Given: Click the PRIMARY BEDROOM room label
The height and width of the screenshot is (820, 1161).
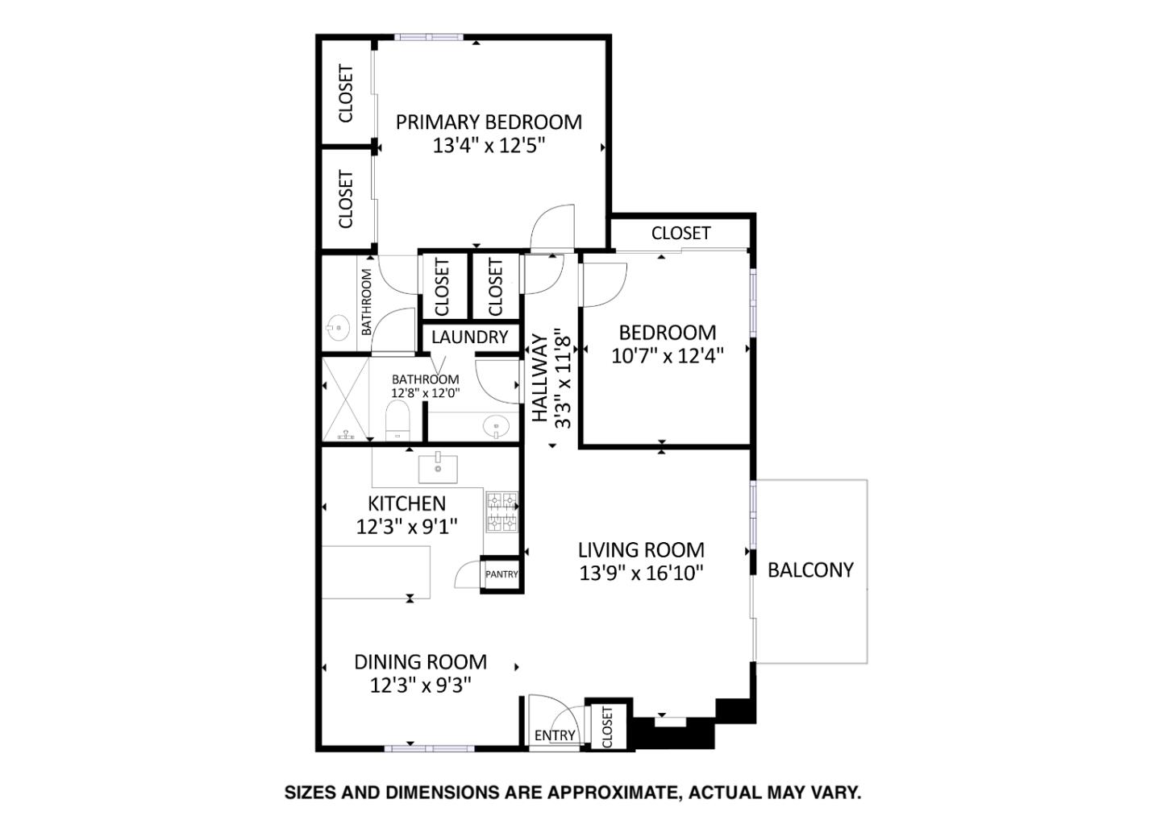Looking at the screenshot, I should [x=489, y=122].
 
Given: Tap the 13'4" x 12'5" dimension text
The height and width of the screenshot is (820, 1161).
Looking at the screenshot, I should [x=489, y=146].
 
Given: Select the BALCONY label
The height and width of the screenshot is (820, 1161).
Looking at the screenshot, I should [x=809, y=570].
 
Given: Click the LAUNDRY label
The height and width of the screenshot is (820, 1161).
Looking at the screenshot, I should [x=469, y=338].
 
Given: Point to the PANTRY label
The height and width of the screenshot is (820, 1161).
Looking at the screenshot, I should [x=501, y=574].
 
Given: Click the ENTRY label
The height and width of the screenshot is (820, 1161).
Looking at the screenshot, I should [x=555, y=735].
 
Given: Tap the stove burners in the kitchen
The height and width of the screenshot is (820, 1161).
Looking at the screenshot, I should [x=501, y=512].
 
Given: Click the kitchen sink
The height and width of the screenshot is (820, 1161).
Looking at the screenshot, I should [x=438, y=468].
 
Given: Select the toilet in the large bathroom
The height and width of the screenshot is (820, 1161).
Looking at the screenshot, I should [x=398, y=421].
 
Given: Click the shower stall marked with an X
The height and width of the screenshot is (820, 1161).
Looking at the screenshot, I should [x=345, y=399].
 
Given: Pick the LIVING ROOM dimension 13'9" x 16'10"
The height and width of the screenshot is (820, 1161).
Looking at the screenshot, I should [x=641, y=574].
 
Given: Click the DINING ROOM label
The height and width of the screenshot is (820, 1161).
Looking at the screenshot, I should [x=420, y=662].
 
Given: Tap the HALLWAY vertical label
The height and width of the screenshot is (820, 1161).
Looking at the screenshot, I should [x=539, y=379].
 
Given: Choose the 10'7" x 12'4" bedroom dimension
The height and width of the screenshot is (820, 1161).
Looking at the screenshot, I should [x=667, y=355].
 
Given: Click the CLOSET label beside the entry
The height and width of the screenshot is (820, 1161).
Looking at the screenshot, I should [x=607, y=727].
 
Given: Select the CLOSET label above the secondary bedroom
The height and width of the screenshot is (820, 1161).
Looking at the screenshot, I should [x=680, y=233].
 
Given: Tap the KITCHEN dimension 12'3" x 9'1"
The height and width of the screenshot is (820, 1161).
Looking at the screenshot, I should [x=406, y=527].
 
